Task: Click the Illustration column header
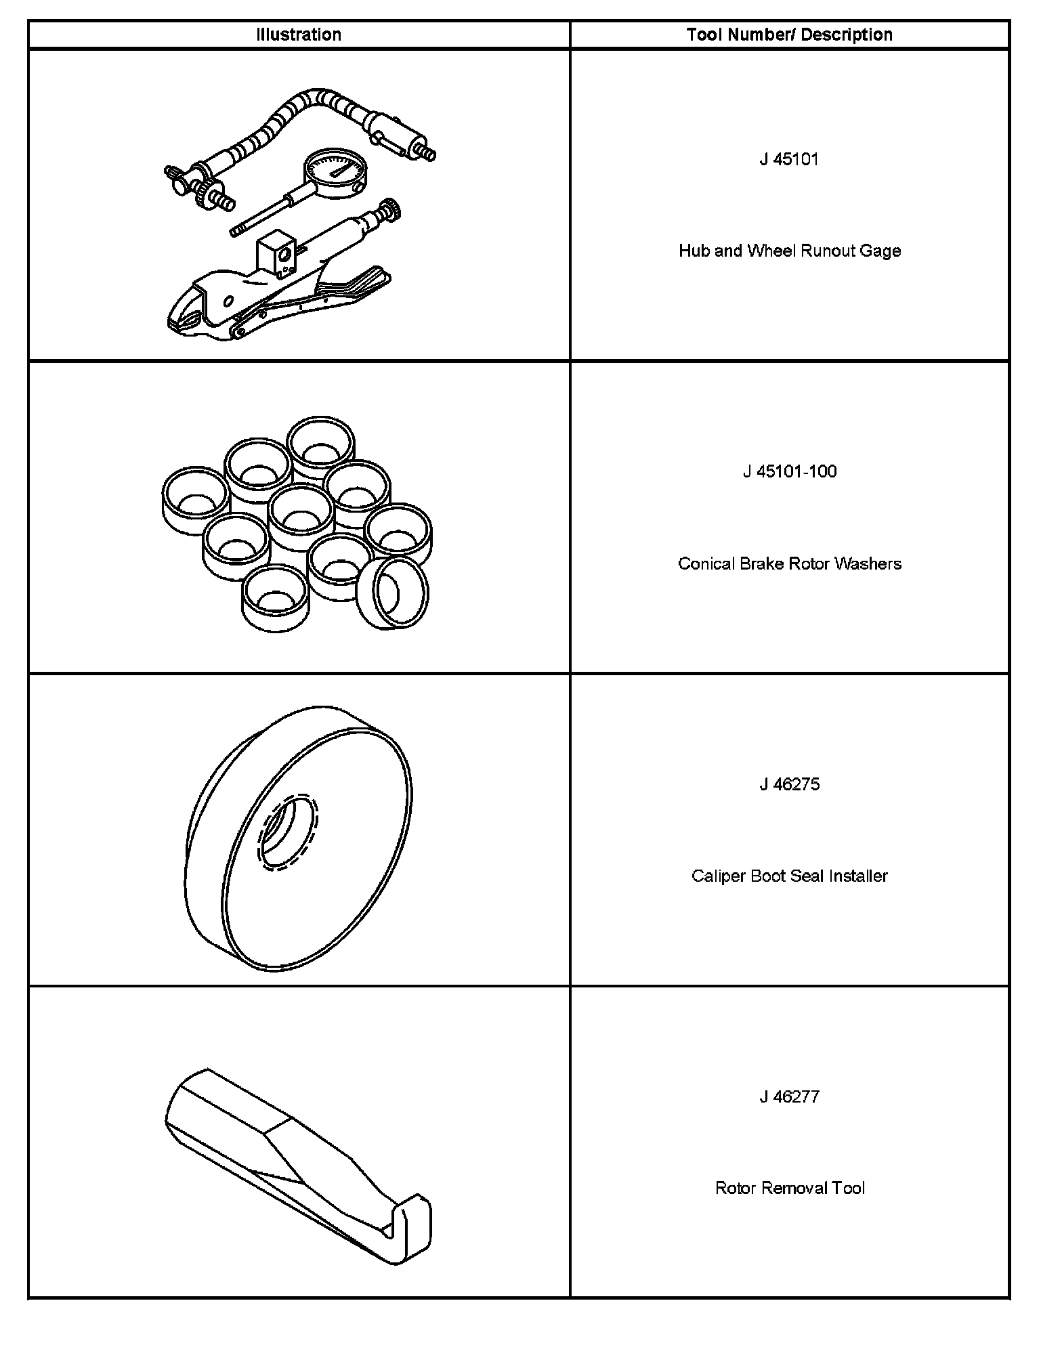pyautogui.click(x=299, y=35)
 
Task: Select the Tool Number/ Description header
pyautogui.click(x=789, y=35)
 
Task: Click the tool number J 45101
pyautogui.click(x=789, y=159)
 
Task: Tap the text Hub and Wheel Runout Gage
pyautogui.click(x=789, y=251)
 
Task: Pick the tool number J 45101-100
pyautogui.click(x=789, y=471)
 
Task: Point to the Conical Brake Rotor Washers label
pyautogui.click(x=789, y=563)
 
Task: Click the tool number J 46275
pyautogui.click(x=789, y=784)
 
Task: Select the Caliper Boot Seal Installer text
pyautogui.click(x=789, y=876)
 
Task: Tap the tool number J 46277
pyautogui.click(x=789, y=1096)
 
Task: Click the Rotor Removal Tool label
pyautogui.click(x=789, y=1188)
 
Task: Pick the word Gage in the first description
pyautogui.click(x=880, y=251)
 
